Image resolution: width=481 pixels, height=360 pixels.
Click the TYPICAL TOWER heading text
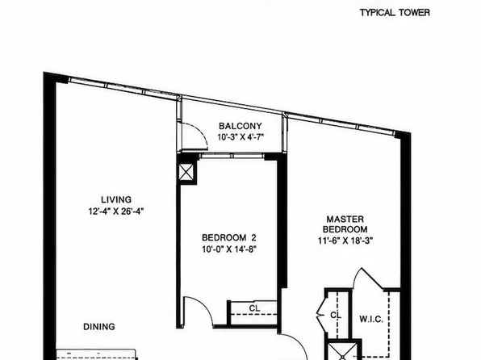click(395, 13)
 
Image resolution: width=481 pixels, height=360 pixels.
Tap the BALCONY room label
click(240, 126)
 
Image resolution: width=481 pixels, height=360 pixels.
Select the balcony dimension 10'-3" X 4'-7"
click(240, 137)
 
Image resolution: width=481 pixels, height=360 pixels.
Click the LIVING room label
click(116, 199)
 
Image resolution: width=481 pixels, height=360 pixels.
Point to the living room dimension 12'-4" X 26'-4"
click(116, 211)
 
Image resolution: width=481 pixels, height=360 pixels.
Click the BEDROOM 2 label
click(229, 237)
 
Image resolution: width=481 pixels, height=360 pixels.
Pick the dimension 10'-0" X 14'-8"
click(229, 249)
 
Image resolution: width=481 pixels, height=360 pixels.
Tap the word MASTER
click(345, 219)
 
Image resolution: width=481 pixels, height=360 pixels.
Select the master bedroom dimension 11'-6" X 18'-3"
click(345, 241)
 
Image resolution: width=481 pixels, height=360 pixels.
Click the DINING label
click(99, 327)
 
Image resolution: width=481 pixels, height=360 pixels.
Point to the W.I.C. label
click(371, 319)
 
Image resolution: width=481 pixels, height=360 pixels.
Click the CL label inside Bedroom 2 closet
click(254, 308)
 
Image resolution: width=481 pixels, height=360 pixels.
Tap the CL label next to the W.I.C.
click(336, 315)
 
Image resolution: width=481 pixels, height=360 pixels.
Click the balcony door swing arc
click(201, 131)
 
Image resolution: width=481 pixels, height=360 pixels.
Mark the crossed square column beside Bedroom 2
click(186, 172)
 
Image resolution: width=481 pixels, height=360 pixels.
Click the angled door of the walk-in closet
click(372, 278)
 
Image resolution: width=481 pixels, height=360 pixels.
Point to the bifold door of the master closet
click(321, 315)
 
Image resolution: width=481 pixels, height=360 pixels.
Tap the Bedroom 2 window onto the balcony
click(232, 156)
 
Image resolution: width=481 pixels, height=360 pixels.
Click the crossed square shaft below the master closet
click(343, 352)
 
